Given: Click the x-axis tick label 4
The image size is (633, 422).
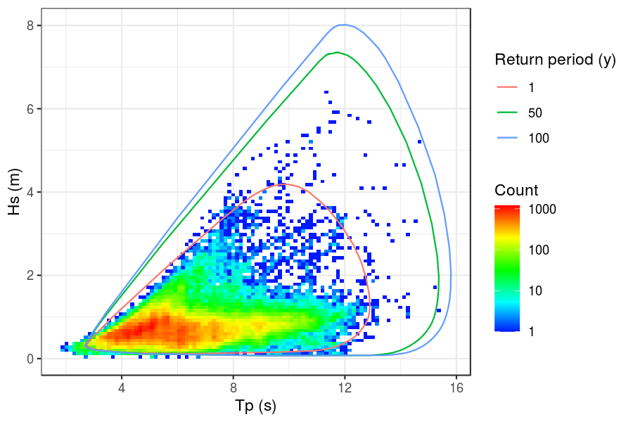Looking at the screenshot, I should tap(122, 388).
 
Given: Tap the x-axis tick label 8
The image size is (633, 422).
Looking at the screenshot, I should tap(234, 388).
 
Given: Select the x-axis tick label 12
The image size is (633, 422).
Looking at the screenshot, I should tap(345, 388).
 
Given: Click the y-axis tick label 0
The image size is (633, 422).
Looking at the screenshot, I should tap(30, 359).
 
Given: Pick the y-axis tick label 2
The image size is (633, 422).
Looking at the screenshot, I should tap(30, 275).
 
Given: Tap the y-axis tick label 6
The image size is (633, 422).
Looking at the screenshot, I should tap(30, 109).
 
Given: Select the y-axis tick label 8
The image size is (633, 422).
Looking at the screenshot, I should tap(30, 25).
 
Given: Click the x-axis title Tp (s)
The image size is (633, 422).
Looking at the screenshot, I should tap(255, 407).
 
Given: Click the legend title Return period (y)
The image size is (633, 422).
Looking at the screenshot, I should tap(556, 60).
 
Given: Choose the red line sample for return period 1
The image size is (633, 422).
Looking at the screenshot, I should tap(507, 87).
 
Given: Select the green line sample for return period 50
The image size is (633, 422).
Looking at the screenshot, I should tap(507, 113).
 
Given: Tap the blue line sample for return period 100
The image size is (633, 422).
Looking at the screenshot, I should tap(507, 138).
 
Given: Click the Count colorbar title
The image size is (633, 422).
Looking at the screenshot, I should tap(516, 190).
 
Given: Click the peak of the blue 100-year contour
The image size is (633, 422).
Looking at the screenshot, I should tap(342, 25).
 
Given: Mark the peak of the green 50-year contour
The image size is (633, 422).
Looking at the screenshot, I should tap(338, 52).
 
